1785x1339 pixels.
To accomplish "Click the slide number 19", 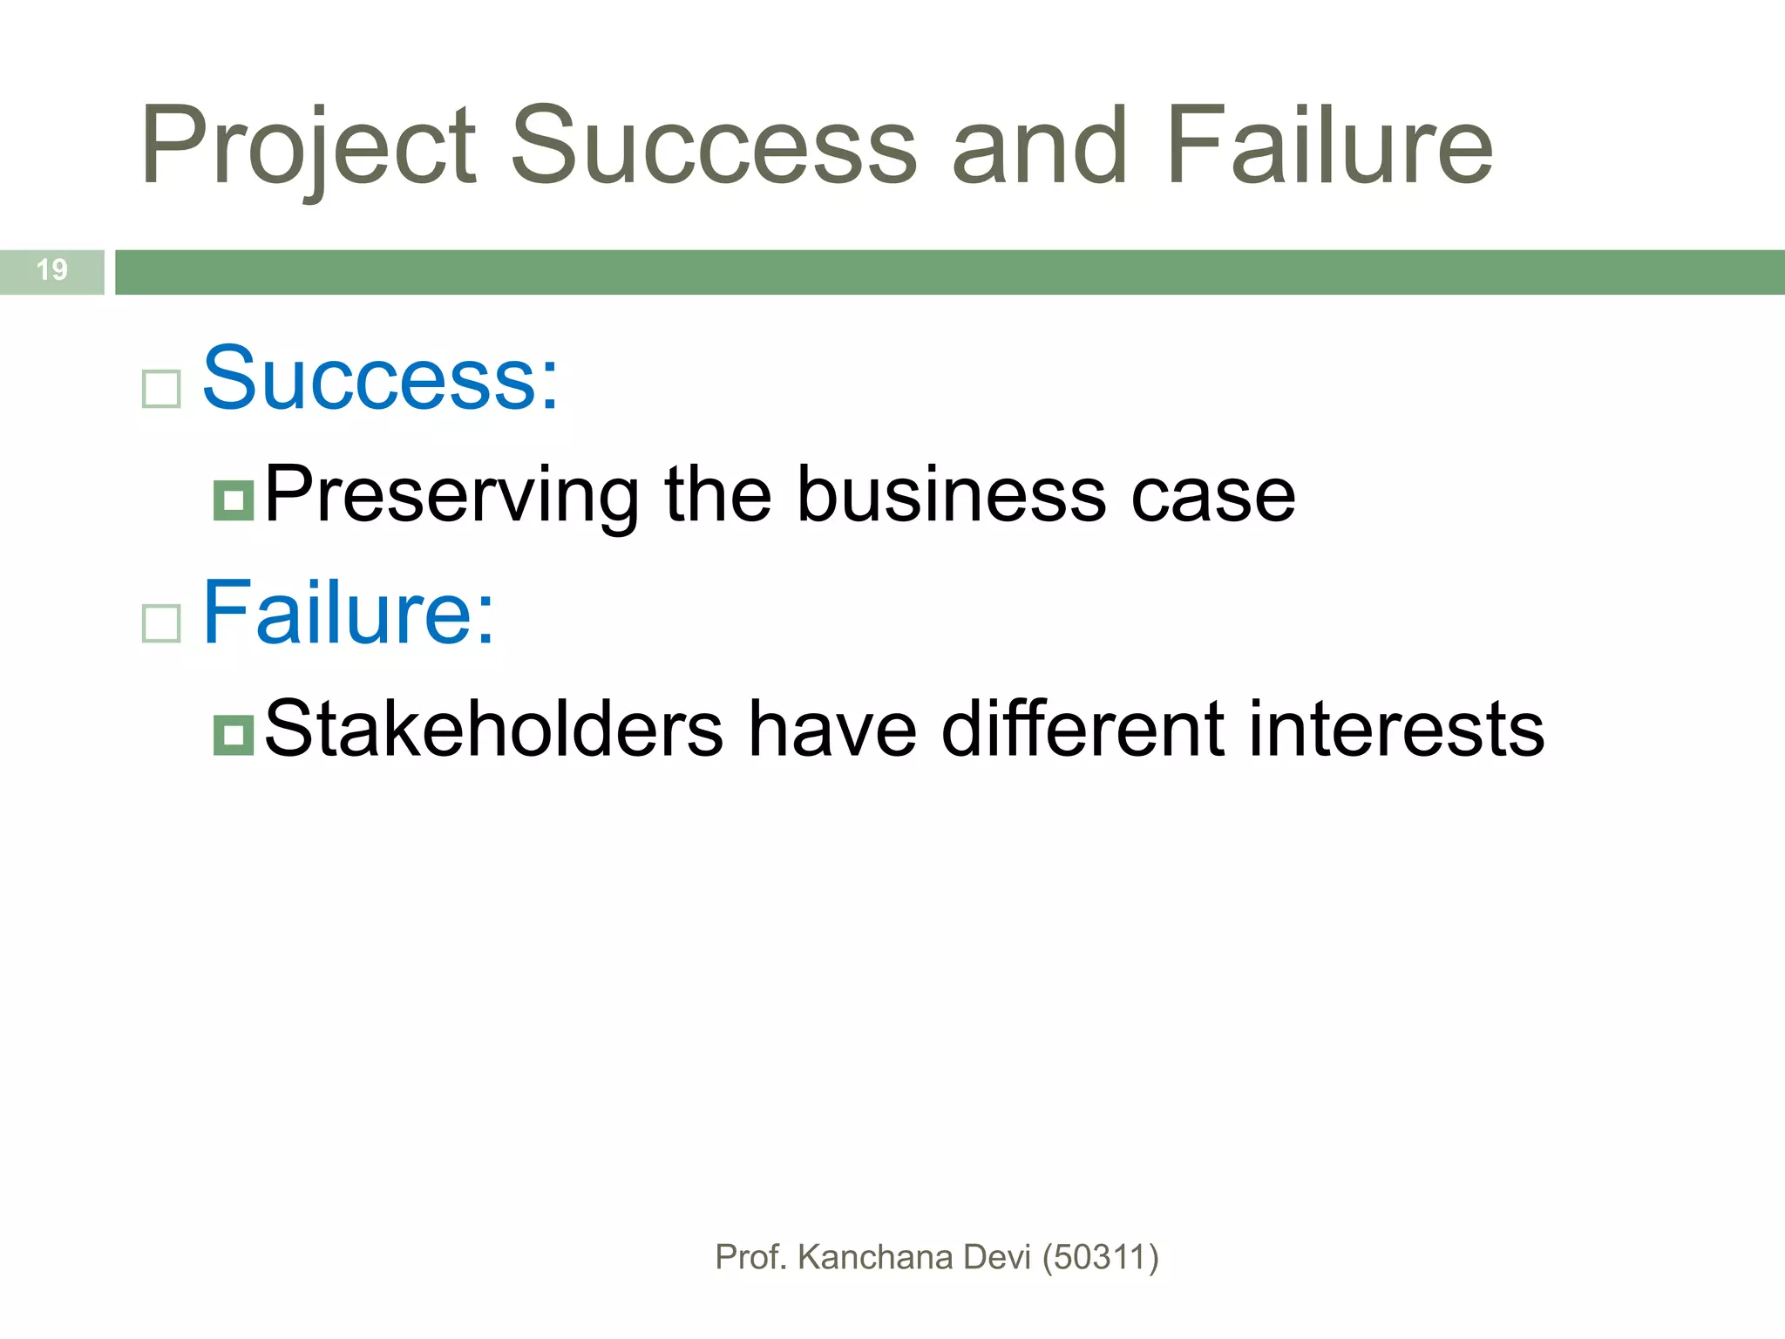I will tap(52, 270).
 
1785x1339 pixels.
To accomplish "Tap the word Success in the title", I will tap(713, 146).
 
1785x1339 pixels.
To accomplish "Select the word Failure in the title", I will tap(1328, 146).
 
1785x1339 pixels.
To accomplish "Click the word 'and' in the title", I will tap(1039, 146).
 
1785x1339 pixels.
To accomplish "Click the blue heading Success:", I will tap(380, 379).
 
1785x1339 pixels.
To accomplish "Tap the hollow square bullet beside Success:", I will tap(161, 389).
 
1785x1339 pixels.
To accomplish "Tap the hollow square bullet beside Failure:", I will tap(161, 623).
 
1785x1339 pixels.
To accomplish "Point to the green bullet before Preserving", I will tap(234, 500).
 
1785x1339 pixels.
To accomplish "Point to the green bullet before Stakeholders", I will tap(234, 735).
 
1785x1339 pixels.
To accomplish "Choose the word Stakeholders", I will tap(493, 730).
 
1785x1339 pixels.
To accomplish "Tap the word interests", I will tap(1396, 730).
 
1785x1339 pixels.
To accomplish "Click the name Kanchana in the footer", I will tap(875, 1258).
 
